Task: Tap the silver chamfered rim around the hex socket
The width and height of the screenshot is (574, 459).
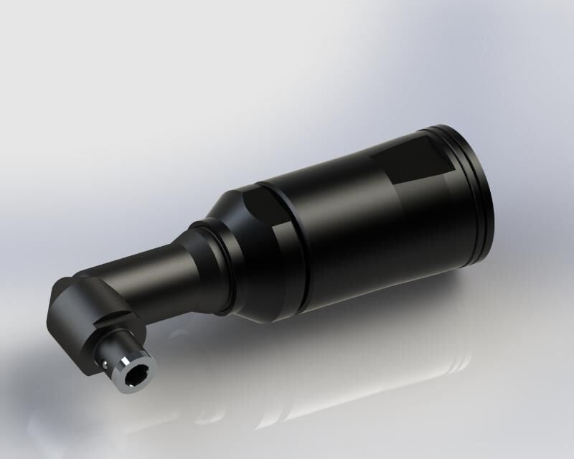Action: coord(146,364)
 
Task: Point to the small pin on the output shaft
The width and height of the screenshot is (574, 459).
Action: coord(106,364)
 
